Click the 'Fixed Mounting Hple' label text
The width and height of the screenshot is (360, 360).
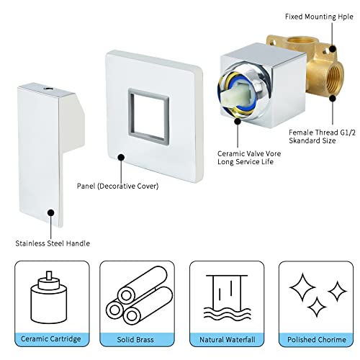point(319,17)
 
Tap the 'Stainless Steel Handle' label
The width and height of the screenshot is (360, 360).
point(53,243)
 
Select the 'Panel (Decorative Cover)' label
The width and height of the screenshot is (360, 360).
point(117,186)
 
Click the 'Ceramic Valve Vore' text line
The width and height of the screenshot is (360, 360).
point(249,153)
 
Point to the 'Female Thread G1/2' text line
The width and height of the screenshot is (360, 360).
point(322,132)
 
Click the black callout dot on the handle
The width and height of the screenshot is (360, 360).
point(51,212)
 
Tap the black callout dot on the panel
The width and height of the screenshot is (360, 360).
point(121,158)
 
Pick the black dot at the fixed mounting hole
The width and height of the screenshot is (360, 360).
point(333,49)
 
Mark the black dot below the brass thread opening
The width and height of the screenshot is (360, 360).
point(333,98)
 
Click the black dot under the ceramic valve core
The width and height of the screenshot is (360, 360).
point(238,122)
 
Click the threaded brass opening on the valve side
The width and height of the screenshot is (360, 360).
point(334,77)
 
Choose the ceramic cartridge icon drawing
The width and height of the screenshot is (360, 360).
point(49,297)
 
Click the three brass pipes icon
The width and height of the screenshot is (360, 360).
point(139,296)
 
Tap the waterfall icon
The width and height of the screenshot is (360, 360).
point(228,297)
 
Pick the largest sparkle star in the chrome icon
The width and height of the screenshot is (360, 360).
point(302,287)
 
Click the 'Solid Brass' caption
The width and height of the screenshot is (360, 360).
point(135,340)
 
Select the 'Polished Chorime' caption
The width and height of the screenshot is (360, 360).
point(317,340)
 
